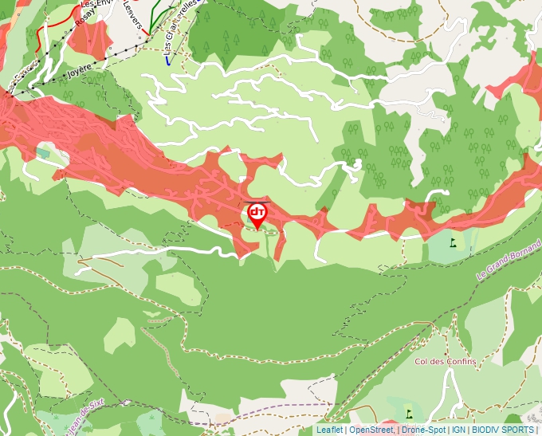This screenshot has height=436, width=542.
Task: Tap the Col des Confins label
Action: click(x=446, y=361)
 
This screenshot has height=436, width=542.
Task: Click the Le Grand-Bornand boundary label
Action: click(x=509, y=261)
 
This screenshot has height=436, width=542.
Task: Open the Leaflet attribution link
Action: click(x=329, y=430)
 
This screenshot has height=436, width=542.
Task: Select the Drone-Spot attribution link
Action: click(x=423, y=430)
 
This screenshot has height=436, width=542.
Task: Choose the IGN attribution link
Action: click(x=458, y=430)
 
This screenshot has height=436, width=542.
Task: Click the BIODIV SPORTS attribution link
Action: click(x=503, y=430)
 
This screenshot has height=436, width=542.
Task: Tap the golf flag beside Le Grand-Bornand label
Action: click(x=454, y=241)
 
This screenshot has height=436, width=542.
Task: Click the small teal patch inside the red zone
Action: click(x=42, y=151)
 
